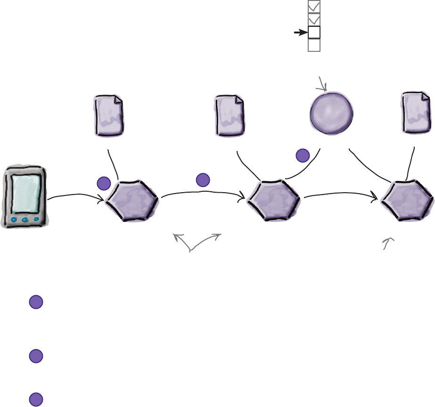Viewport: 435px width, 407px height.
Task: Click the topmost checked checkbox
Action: tap(314, 7)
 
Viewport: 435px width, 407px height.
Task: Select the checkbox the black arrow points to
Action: tap(314, 32)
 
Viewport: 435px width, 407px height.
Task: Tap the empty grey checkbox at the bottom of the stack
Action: tap(314, 45)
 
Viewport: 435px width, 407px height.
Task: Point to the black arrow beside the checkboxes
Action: tap(300, 33)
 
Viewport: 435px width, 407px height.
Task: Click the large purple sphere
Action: tap(332, 112)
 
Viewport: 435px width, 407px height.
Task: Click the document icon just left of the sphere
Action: tap(229, 114)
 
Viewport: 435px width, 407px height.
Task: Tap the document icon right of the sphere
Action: tap(416, 113)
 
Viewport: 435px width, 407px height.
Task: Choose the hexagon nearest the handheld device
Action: tap(132, 200)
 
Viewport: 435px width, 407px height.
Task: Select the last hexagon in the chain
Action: tap(407, 200)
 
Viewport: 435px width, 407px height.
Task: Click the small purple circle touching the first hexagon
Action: tap(103, 184)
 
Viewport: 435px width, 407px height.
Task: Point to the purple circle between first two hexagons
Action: tap(203, 179)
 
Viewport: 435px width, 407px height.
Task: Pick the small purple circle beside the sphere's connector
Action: tap(303, 155)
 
